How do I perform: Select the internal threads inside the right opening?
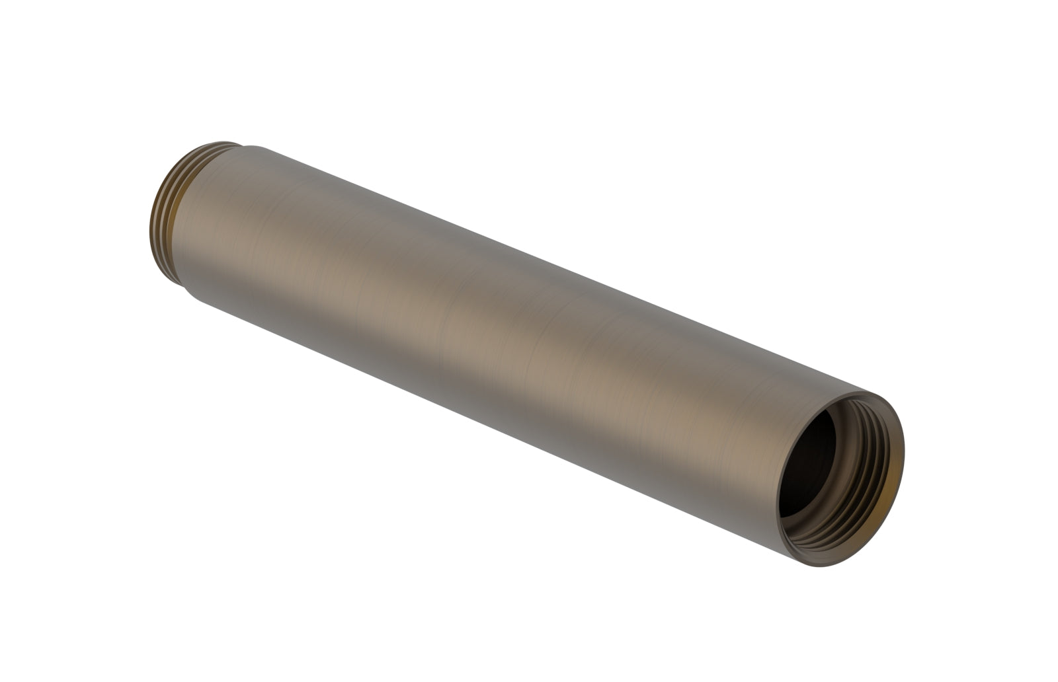(866, 476)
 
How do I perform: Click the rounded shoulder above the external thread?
(255, 149)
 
